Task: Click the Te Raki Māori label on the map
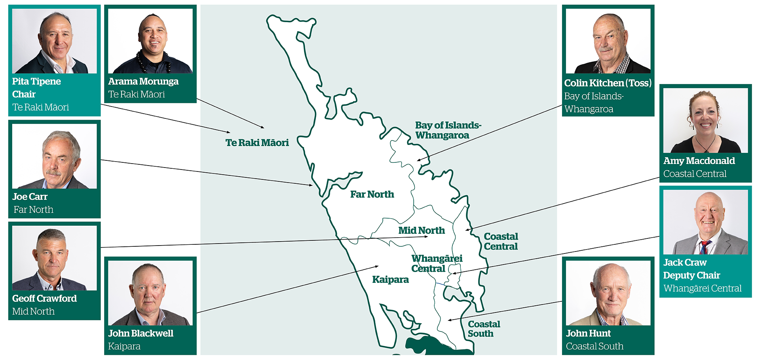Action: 257,143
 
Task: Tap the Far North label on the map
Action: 372,194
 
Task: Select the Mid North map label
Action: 422,230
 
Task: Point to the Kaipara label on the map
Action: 390,280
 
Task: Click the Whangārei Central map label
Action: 437,263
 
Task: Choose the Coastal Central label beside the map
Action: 501,241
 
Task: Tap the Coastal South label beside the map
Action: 484,329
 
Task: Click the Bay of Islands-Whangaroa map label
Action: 448,130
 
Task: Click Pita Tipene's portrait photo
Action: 55,41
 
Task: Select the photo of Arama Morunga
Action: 150,41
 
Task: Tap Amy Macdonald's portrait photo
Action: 705,120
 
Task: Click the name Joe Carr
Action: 30,197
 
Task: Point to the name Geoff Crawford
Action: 44,299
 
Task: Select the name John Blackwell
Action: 141,333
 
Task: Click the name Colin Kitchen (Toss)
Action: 608,83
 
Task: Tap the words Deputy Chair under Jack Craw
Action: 691,276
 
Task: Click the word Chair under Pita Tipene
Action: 24,95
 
